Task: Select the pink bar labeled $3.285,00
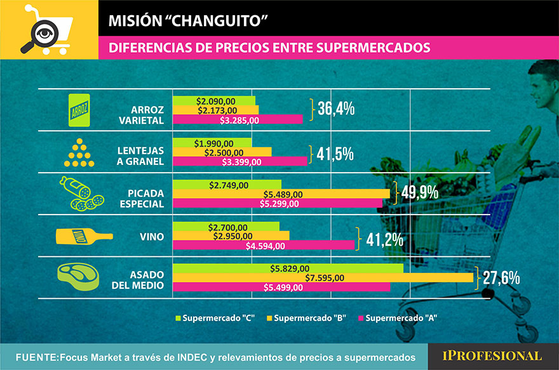(x=238, y=119)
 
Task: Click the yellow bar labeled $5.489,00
(x=281, y=194)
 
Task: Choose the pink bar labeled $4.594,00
(x=264, y=245)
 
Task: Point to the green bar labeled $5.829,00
(x=288, y=268)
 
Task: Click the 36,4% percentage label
(x=336, y=110)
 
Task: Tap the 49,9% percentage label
(x=422, y=193)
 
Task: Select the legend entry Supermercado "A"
(x=398, y=317)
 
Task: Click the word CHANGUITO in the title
(x=223, y=22)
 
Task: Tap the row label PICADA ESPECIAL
(x=141, y=198)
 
